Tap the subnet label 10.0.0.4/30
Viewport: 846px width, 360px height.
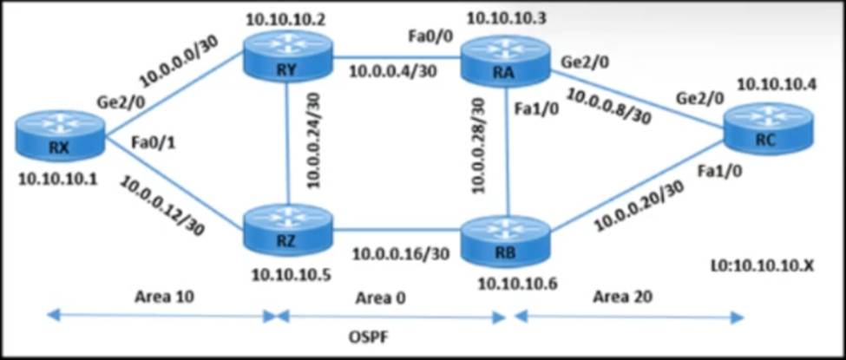pos(391,72)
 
